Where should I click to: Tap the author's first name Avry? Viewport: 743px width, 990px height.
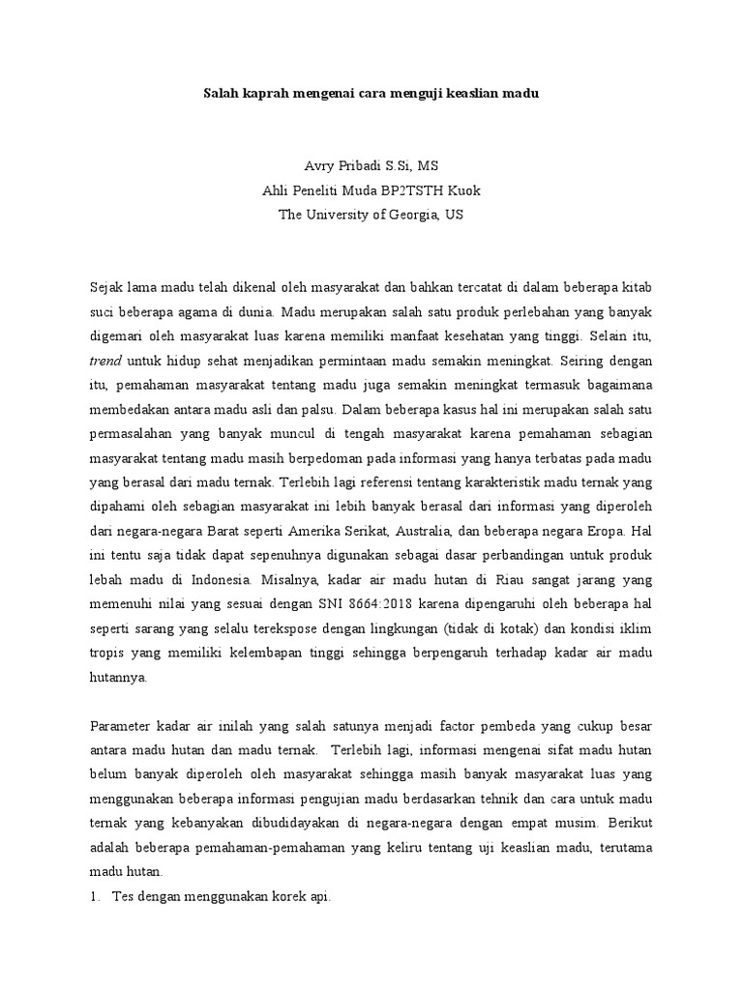pyautogui.click(x=319, y=166)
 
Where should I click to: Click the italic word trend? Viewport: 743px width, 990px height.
pyautogui.click(x=104, y=360)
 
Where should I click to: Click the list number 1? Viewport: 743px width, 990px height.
pyautogui.click(x=95, y=897)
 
